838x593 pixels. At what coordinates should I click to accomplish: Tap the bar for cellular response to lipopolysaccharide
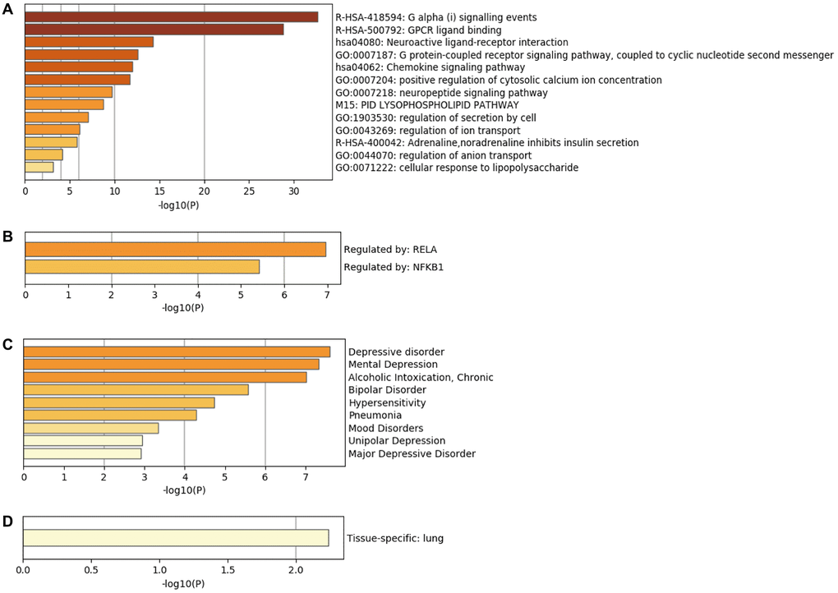(x=39, y=168)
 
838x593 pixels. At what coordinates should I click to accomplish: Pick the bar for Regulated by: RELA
(x=175, y=249)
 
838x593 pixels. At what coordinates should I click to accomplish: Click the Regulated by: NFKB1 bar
(x=142, y=267)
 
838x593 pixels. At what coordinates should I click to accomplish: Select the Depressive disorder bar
(x=177, y=352)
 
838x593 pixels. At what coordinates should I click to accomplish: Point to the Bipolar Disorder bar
(x=136, y=389)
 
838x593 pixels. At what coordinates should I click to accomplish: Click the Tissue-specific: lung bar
(x=176, y=538)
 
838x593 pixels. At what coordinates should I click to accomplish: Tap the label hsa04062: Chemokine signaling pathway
(x=431, y=67)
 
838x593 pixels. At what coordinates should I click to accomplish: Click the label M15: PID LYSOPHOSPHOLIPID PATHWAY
(x=427, y=105)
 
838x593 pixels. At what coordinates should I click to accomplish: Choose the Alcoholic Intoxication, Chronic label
(x=421, y=377)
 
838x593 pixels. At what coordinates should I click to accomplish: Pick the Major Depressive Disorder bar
(x=82, y=453)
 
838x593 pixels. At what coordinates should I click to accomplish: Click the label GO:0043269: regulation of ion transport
(x=427, y=131)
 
